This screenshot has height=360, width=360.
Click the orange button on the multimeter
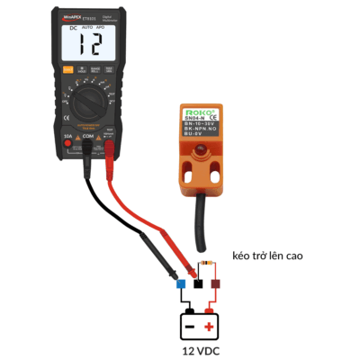pos(67,70)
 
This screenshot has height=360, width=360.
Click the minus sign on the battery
pos(189,322)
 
